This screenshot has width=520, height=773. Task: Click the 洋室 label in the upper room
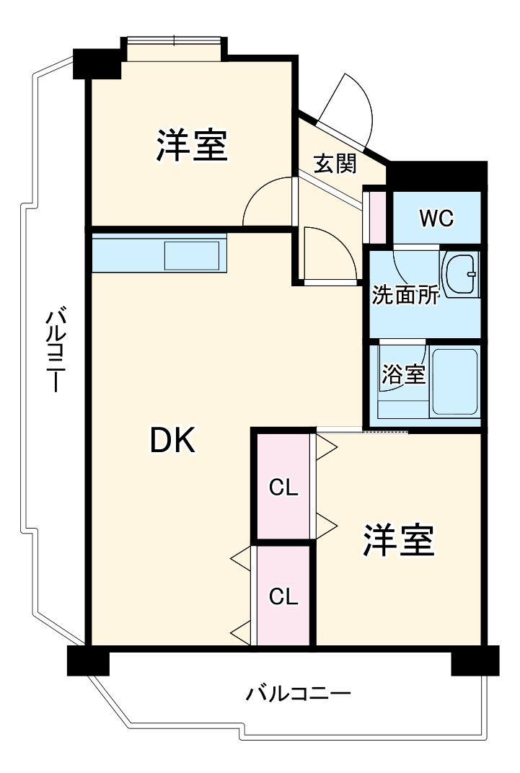[x=192, y=145]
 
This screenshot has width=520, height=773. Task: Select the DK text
[x=172, y=440]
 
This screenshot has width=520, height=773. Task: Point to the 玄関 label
[x=335, y=164]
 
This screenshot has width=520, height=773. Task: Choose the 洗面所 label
[x=405, y=296]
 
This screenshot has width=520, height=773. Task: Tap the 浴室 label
[x=403, y=374]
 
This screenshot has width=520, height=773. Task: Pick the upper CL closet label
[x=283, y=488]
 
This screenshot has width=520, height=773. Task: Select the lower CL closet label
[x=283, y=596]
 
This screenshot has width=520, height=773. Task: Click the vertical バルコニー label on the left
[x=56, y=350]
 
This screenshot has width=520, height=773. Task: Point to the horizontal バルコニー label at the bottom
[x=299, y=694]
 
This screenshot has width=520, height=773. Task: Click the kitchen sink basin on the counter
[x=192, y=256]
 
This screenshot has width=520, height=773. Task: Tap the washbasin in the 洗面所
[x=460, y=274]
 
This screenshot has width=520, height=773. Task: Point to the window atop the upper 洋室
[x=174, y=49]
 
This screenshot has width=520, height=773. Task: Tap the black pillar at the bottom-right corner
[x=475, y=661]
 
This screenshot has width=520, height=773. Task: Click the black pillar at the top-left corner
[x=97, y=63]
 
